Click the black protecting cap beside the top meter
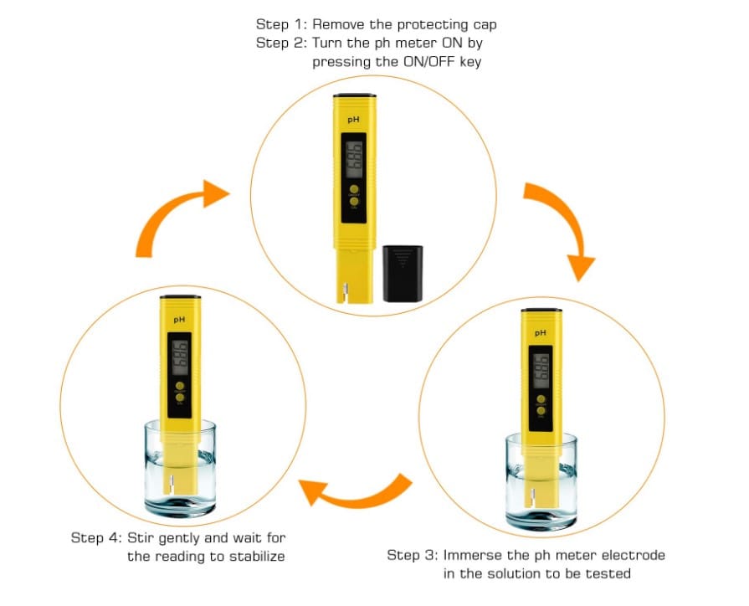tap(403, 274)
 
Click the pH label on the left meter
tap(178, 319)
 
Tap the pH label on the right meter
tap(540, 333)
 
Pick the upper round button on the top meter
tap(354, 189)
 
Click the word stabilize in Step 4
tap(256, 556)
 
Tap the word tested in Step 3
tap(609, 573)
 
